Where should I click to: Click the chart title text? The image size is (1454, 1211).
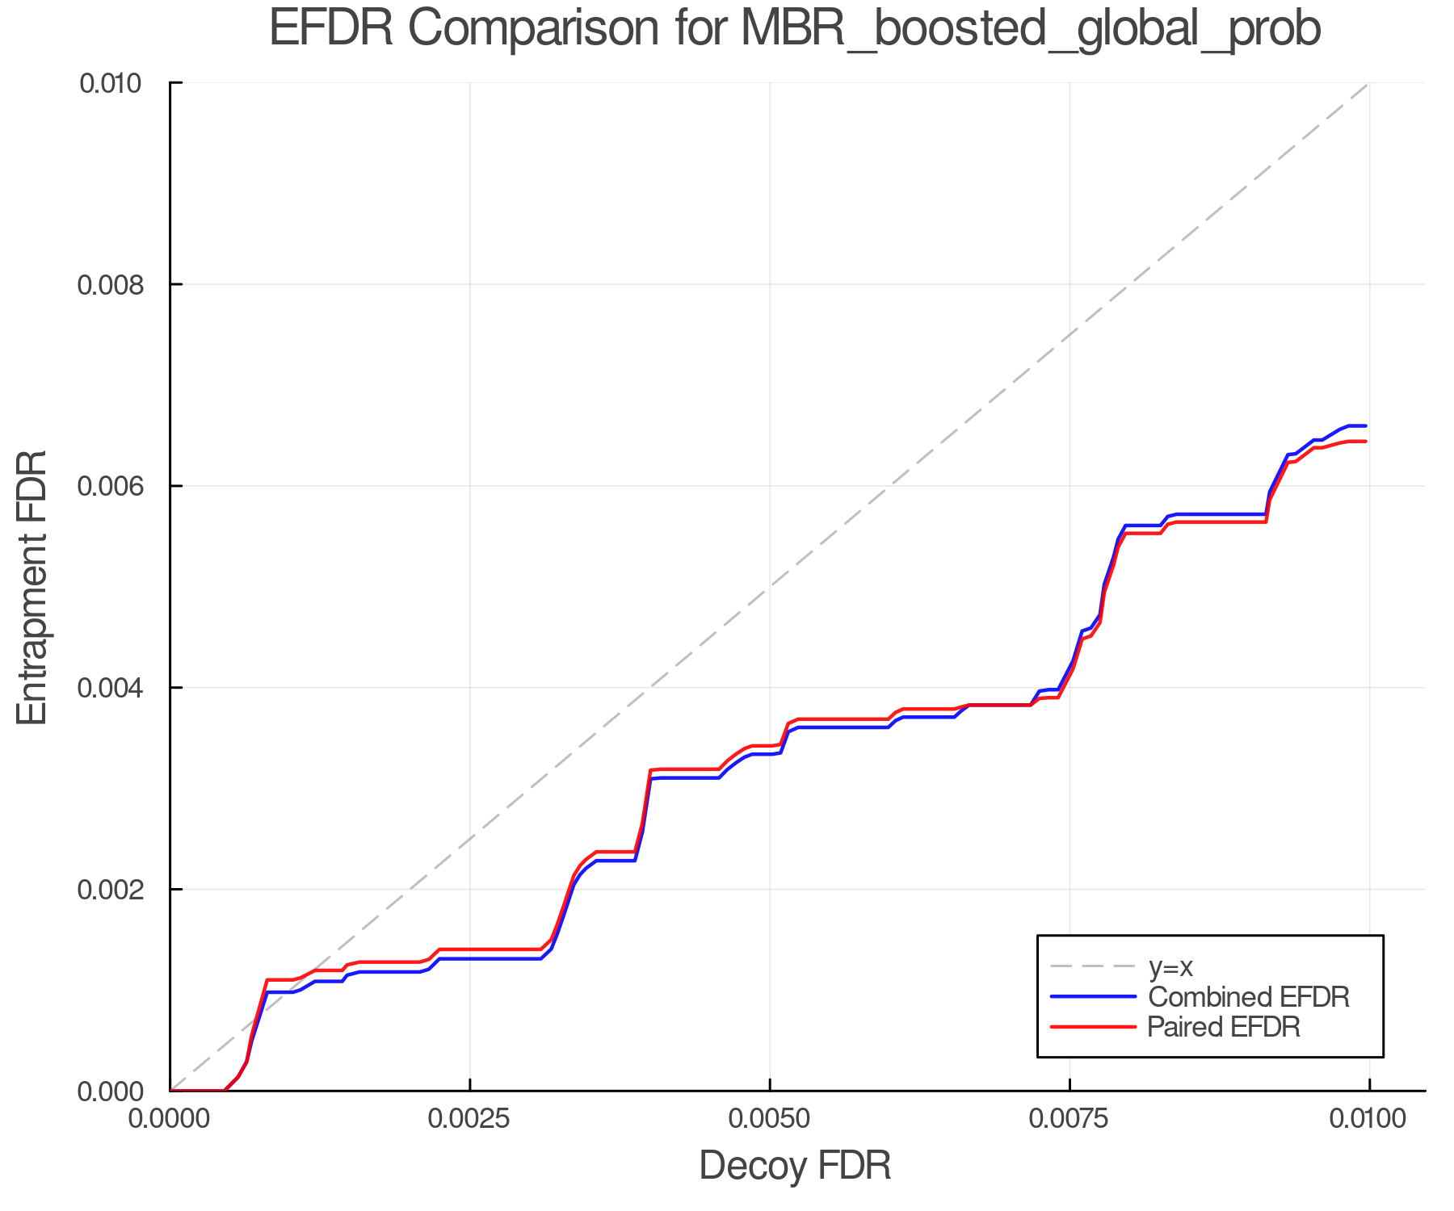tap(794, 29)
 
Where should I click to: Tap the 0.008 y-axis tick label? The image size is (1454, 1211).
tap(119, 285)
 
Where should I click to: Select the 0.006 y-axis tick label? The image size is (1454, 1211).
tap(119, 486)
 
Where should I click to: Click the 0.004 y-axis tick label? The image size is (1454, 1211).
tap(119, 688)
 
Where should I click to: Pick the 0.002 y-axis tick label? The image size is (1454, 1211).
tap(119, 890)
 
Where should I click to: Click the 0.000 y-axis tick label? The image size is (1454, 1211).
tap(119, 1092)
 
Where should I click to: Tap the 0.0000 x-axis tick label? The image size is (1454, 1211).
tap(170, 1120)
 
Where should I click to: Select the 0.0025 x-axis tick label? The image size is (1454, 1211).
tap(470, 1120)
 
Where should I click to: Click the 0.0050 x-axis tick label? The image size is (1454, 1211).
tap(770, 1120)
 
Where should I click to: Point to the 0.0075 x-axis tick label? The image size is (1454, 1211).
tap(1069, 1120)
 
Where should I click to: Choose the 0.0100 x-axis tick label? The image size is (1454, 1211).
tap(1368, 1120)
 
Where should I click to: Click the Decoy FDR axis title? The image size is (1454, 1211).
tap(795, 1166)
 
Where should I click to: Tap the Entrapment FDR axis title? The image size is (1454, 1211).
tap(32, 588)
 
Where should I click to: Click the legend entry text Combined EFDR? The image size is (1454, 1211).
tap(1248, 997)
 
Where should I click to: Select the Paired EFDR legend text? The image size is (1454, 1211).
tap(1224, 1027)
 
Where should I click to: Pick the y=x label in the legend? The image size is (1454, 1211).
tap(1170, 966)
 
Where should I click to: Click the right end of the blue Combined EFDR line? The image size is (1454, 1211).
tap(1365, 425)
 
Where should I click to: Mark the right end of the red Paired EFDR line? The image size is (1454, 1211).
tap(1365, 442)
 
